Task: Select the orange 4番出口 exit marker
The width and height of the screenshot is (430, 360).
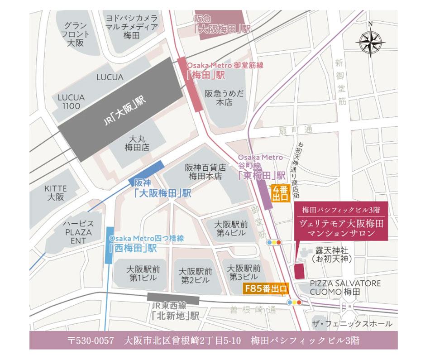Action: click(280, 194)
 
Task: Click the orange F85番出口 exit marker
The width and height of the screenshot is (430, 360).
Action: click(266, 288)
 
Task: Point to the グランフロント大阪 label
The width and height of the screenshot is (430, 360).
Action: click(74, 34)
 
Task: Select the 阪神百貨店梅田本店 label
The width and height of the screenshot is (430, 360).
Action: click(205, 172)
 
